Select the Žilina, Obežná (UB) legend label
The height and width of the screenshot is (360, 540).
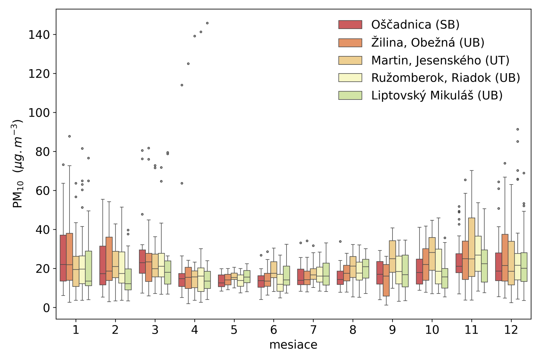(428, 43)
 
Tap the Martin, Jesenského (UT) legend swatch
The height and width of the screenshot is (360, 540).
(350, 60)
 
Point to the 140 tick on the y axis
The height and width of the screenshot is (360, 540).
(39, 35)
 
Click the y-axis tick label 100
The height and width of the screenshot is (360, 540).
(39, 113)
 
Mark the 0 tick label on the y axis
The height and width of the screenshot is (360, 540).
(46, 308)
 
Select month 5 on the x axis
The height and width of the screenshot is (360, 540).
(234, 330)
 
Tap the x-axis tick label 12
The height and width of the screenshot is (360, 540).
(511, 330)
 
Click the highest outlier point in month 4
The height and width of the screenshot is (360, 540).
(207, 23)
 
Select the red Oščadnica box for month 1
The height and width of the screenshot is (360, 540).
(63, 258)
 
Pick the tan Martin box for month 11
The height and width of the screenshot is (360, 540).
(472, 247)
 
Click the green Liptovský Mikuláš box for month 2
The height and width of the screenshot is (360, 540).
(128, 279)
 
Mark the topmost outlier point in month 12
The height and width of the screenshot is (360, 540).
(518, 129)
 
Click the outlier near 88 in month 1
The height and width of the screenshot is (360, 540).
(70, 136)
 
